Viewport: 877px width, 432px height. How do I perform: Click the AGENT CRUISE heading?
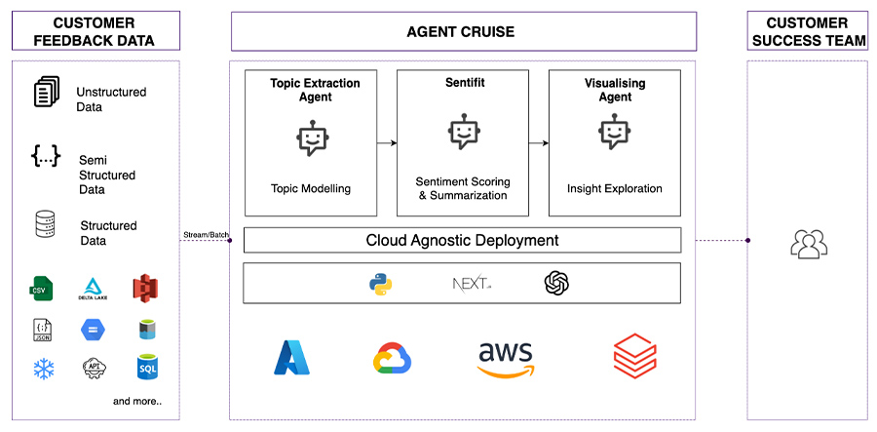461,32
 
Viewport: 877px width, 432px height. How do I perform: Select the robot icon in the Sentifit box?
463,134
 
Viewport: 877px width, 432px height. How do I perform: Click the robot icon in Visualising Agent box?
614,134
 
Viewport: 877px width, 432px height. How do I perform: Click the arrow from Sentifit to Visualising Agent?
540,143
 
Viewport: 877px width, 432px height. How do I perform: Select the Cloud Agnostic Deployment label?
462,240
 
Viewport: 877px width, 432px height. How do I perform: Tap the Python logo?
380,284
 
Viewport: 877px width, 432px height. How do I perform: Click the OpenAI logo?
556,284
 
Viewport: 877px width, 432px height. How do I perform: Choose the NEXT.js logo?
472,284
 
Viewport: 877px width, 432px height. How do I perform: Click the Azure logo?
291,359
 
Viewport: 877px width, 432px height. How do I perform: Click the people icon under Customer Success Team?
808,245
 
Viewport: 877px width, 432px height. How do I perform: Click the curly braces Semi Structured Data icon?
46,157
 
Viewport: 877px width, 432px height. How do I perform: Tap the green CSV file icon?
40,288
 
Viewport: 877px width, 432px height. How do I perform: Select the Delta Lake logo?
93,288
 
